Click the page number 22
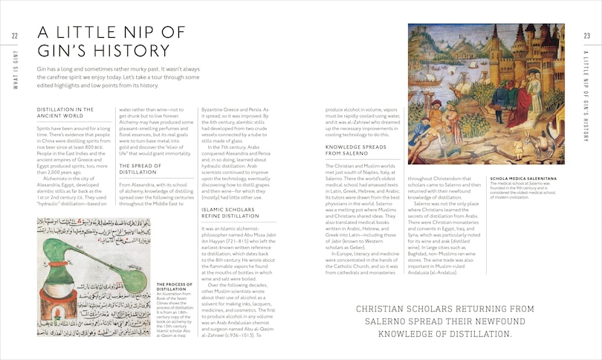[15, 36]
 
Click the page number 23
[586, 36]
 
